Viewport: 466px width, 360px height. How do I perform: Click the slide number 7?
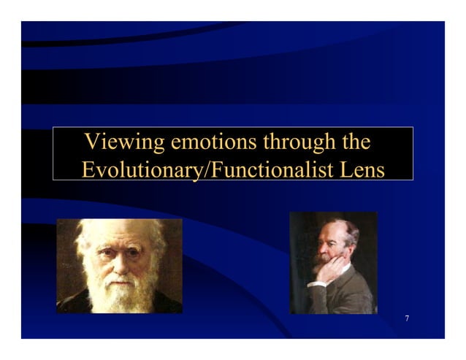click(406, 319)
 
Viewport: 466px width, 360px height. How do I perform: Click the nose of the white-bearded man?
click(118, 264)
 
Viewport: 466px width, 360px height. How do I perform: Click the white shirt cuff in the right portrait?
click(317, 283)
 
